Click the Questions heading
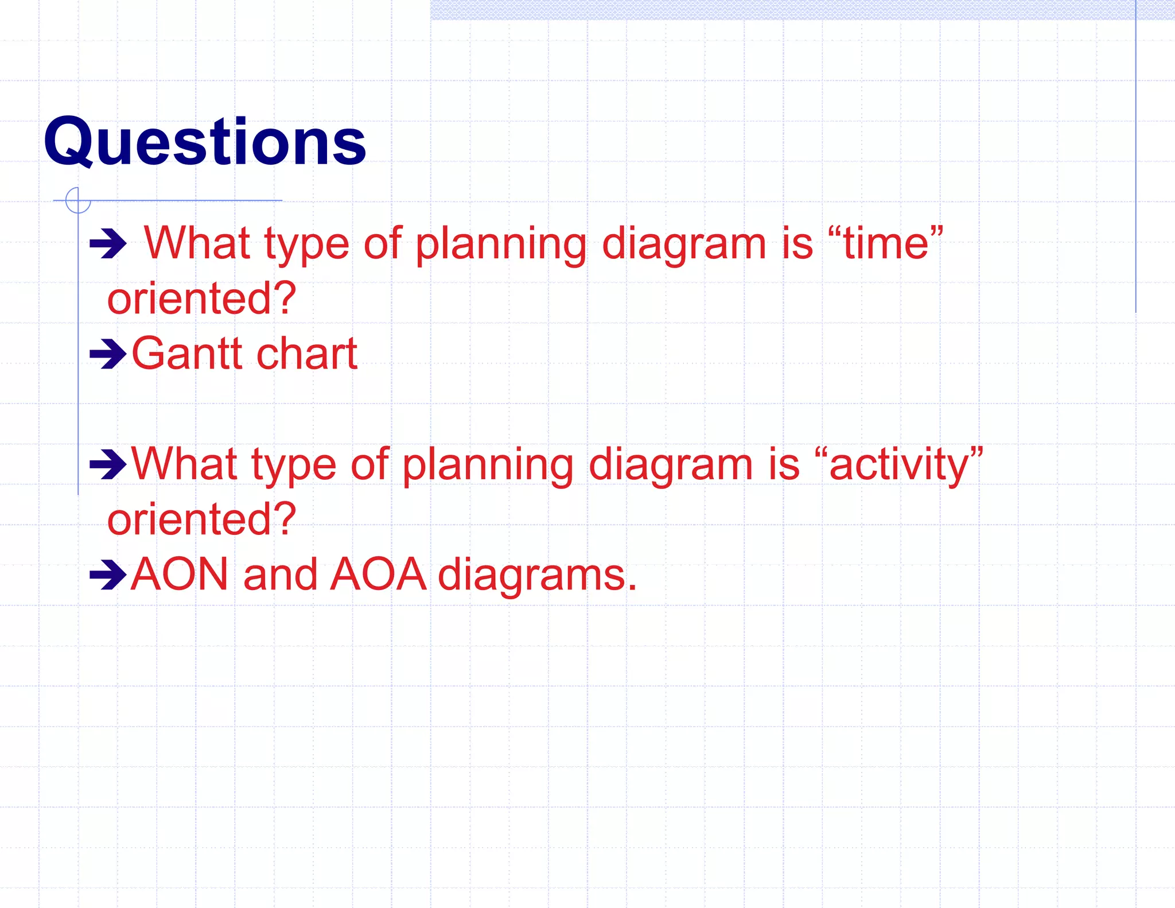(x=205, y=142)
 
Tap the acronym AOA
(x=379, y=574)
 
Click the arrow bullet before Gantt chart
(x=108, y=354)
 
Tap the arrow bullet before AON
(x=108, y=575)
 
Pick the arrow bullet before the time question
(x=108, y=244)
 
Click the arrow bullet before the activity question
(x=108, y=464)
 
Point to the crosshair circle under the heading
(x=78, y=200)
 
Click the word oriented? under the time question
(x=201, y=298)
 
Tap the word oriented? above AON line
(x=201, y=519)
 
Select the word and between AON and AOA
(x=280, y=574)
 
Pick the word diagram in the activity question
(x=670, y=465)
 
